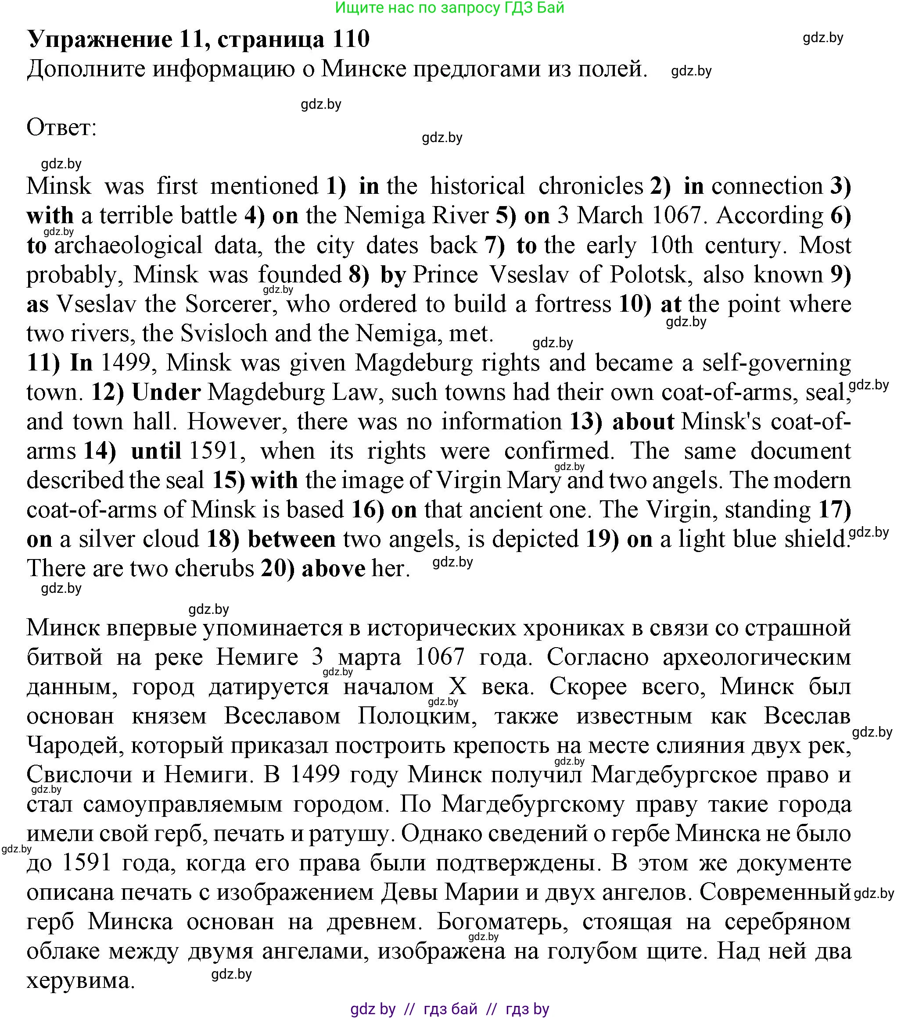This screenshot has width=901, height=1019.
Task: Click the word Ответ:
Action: (x=61, y=128)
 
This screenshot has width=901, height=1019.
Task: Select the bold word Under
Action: (x=166, y=392)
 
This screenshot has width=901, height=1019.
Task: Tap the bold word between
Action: (x=291, y=539)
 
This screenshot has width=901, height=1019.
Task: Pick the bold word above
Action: (x=333, y=569)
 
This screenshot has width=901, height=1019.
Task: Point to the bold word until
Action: (x=156, y=451)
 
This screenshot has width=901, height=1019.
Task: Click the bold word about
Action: (x=643, y=422)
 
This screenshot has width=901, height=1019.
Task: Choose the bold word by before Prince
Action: (x=393, y=274)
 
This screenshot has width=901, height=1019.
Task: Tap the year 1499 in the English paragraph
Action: (x=125, y=363)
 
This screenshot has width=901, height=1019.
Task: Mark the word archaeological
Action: (x=128, y=245)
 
